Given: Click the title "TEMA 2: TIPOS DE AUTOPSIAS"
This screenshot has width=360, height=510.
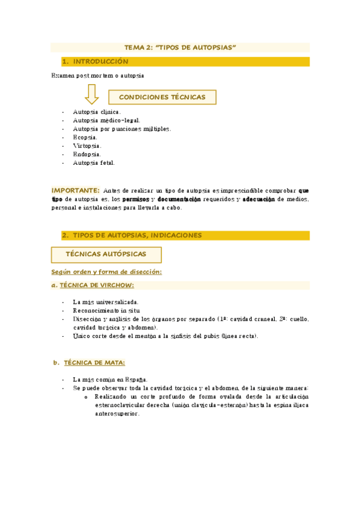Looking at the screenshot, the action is tap(180, 46).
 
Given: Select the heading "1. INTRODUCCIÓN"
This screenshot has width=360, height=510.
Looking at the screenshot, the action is tap(100, 61).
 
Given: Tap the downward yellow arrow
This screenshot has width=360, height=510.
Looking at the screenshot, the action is tap(92, 94).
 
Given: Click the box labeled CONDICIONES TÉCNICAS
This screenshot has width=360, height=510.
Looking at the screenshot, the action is tap(162, 97).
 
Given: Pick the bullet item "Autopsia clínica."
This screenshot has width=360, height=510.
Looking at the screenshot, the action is tap(97, 112).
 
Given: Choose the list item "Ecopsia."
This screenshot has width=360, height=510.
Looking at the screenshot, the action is tap(85, 137).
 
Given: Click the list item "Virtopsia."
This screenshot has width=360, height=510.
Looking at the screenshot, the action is tap(87, 146).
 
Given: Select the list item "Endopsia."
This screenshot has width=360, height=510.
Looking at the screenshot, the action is tap(87, 154).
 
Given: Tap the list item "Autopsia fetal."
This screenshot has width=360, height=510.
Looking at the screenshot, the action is tap(93, 162).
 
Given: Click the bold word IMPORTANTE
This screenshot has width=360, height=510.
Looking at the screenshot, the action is tap(75, 190).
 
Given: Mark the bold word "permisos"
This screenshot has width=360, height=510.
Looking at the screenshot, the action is tap(136, 199).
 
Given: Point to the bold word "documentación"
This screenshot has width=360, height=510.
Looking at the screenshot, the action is tap(178, 199).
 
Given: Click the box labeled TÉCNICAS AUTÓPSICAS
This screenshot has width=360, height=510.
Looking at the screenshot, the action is tap(106, 254).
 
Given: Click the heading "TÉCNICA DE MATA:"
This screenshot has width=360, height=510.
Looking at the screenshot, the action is tap(94, 363).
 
